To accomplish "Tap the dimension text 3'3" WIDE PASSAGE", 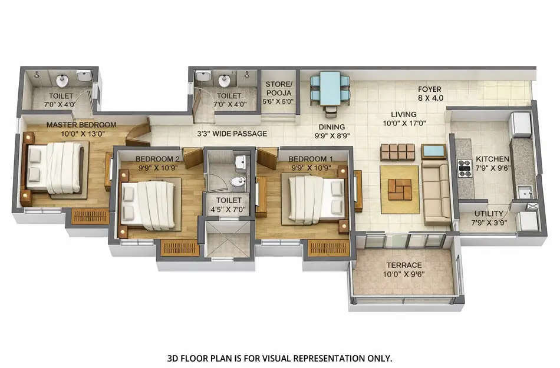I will click(x=232, y=134).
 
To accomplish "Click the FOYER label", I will click(x=430, y=89).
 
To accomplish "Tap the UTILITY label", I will click(x=489, y=213).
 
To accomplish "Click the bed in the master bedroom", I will click(x=55, y=168).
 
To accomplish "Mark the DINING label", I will click(x=331, y=127).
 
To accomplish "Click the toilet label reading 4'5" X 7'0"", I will click(x=226, y=210).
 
